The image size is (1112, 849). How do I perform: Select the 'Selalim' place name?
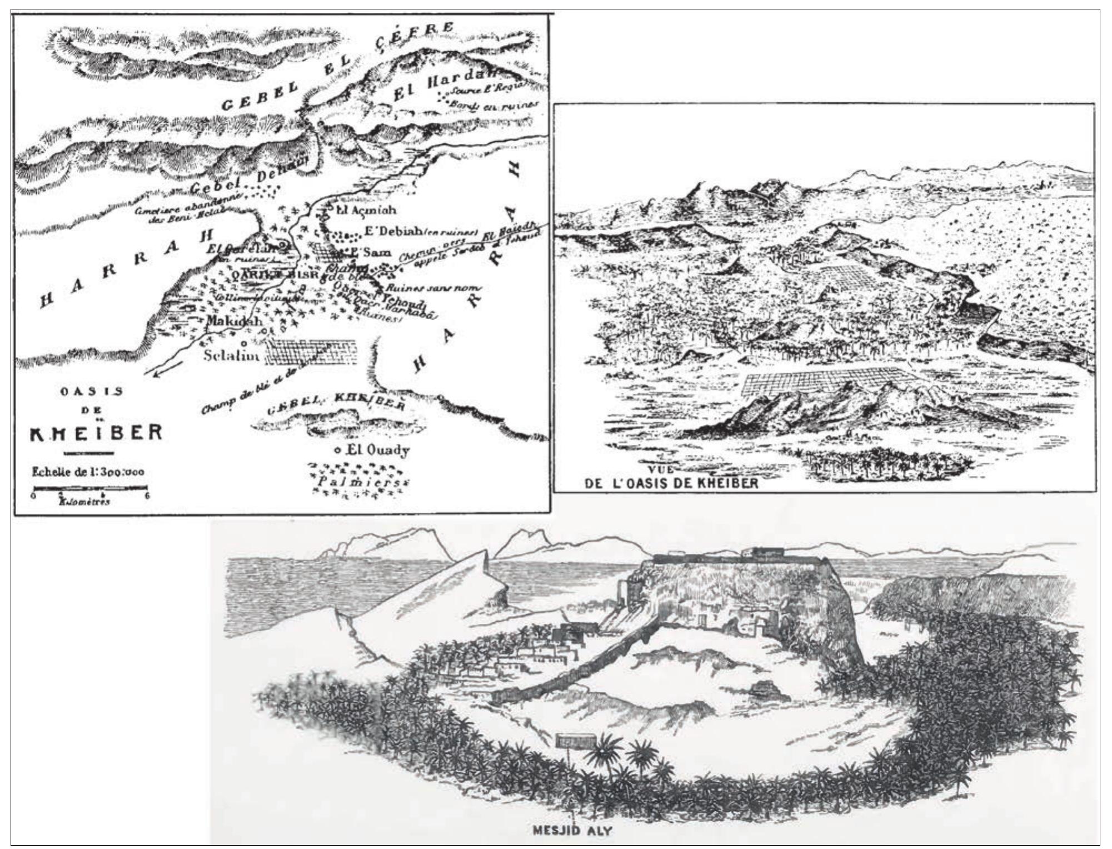click(231, 355)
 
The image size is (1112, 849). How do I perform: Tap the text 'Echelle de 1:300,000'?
click(88, 472)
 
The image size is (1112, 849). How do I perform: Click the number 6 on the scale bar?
click(147, 497)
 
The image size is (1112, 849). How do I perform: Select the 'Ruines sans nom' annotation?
click(439, 288)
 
